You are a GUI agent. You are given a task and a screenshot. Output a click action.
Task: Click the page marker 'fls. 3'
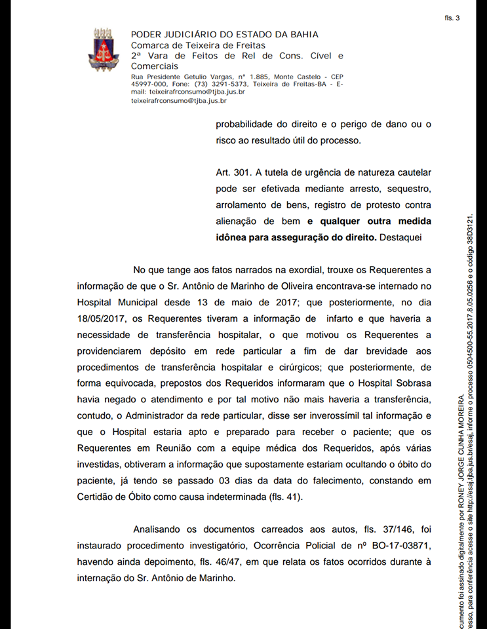452,18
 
